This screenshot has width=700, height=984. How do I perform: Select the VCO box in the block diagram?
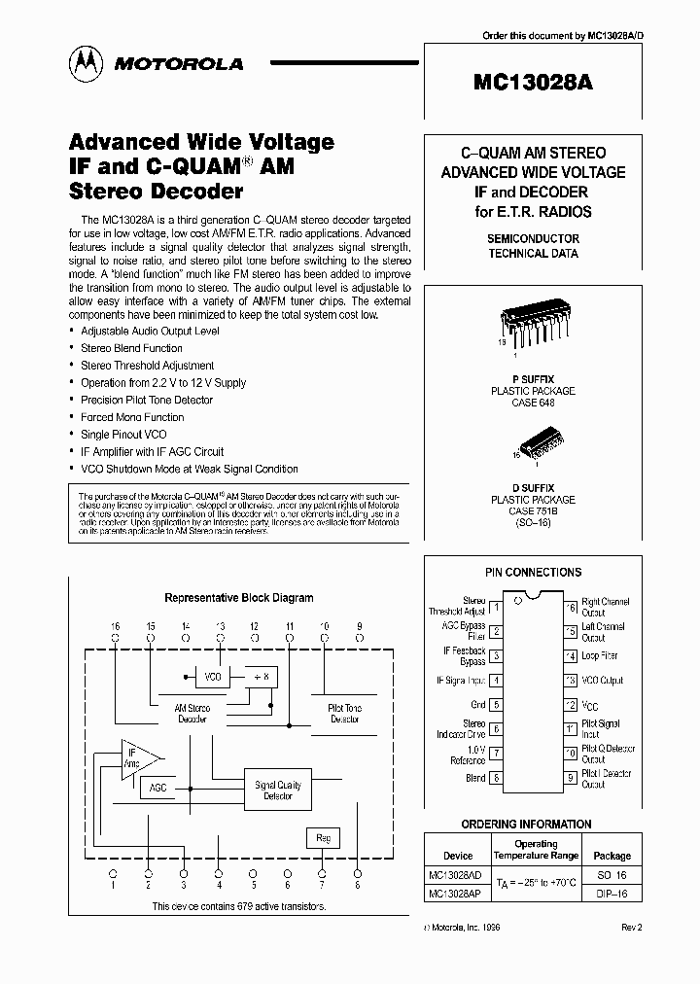[211, 676]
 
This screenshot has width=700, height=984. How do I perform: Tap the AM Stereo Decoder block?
[192, 714]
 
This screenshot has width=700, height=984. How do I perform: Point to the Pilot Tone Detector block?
[344, 714]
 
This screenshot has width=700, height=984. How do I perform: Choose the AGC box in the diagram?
[158, 788]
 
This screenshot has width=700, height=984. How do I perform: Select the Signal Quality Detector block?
[277, 790]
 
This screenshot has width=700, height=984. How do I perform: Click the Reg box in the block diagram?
[323, 837]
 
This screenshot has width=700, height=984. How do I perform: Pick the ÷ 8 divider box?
[260, 676]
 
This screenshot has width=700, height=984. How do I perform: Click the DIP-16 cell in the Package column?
[612, 893]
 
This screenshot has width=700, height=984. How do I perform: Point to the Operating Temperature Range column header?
[536, 850]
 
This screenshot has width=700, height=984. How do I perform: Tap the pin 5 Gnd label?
[477, 705]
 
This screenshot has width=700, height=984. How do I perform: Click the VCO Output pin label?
[602, 681]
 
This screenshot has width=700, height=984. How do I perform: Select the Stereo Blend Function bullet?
[131, 348]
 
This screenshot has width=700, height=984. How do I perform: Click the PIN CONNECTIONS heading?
[533, 573]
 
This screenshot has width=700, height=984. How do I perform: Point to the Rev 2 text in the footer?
[632, 928]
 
